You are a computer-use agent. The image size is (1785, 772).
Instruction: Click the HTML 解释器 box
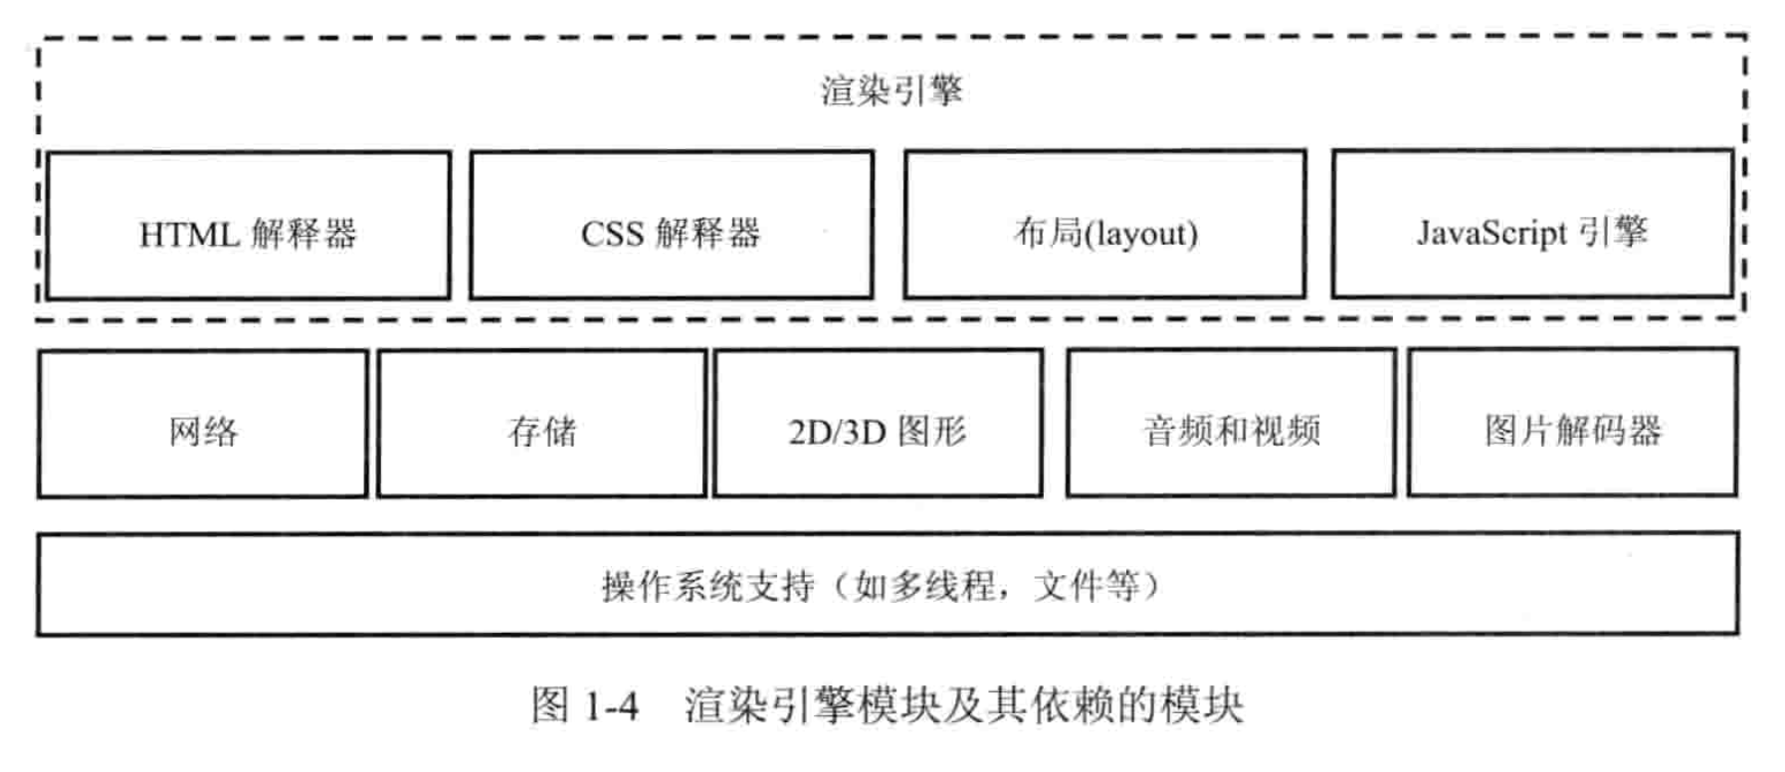point(248,226)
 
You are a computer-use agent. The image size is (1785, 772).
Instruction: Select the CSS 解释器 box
point(672,225)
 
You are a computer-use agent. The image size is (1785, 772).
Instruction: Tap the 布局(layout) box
point(1104,224)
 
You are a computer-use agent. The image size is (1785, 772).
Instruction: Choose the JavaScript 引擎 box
point(1532,224)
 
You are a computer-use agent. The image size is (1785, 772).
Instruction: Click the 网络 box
point(203,424)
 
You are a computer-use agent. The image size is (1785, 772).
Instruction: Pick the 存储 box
point(542,424)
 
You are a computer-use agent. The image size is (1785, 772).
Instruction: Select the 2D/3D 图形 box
point(878,423)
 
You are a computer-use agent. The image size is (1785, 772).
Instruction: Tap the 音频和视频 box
point(1231,423)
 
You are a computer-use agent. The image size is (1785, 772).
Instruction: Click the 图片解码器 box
point(1572,422)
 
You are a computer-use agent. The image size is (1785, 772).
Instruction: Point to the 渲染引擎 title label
point(892,91)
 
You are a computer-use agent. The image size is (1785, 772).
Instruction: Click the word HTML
point(189,236)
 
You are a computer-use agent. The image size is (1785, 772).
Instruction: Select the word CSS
point(612,235)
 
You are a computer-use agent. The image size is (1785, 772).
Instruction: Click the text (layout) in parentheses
point(1140,235)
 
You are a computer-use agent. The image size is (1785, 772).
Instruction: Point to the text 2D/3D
point(836,433)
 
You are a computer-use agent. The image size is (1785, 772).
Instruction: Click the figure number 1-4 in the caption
point(611,707)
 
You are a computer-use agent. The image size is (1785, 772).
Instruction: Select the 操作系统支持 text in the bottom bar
point(707,586)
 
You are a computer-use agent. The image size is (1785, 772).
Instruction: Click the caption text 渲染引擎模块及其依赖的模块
point(963,706)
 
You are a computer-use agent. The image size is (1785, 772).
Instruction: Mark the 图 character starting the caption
point(550,706)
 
